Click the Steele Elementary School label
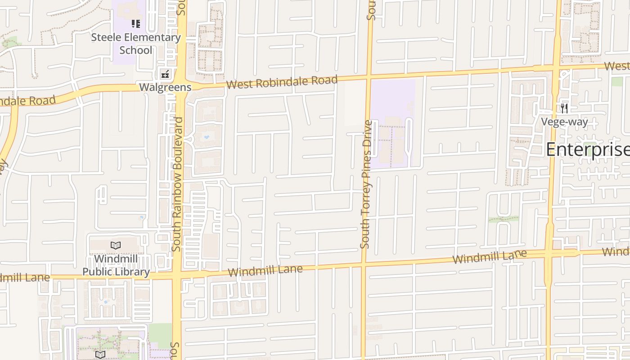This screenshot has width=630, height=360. coord(136,44)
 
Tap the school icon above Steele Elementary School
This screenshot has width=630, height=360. coord(136,24)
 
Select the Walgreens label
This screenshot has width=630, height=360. coord(165,87)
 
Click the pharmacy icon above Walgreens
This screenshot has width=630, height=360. coord(166,74)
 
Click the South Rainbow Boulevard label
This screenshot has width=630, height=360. coord(177,184)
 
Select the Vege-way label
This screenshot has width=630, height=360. coord(564,122)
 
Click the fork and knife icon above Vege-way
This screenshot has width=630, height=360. coord(564,108)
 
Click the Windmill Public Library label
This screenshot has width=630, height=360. coord(116,265)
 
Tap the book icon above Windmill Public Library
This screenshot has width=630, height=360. coord(116,246)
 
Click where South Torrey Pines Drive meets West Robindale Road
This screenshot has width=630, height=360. coord(369,77)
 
